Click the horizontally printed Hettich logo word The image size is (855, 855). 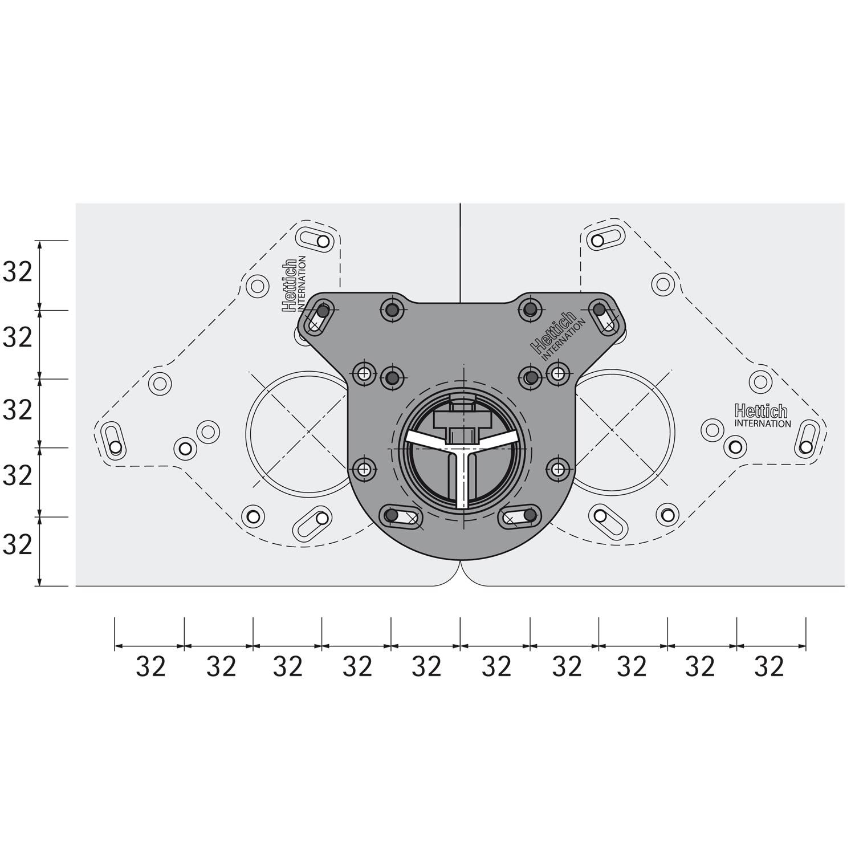[761, 411]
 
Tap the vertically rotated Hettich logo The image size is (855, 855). [290, 285]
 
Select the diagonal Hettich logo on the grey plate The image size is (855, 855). [552, 332]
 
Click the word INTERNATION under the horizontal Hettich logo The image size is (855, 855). [762, 424]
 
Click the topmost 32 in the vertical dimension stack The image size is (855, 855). [18, 273]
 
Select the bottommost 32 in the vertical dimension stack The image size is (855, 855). [18, 545]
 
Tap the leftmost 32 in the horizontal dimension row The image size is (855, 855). [150, 666]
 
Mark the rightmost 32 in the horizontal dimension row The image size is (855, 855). [769, 666]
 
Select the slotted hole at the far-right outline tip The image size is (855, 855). [807, 438]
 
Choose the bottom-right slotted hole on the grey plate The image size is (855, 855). [520, 516]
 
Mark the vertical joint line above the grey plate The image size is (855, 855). [460, 251]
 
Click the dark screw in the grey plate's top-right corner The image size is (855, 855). [599, 310]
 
